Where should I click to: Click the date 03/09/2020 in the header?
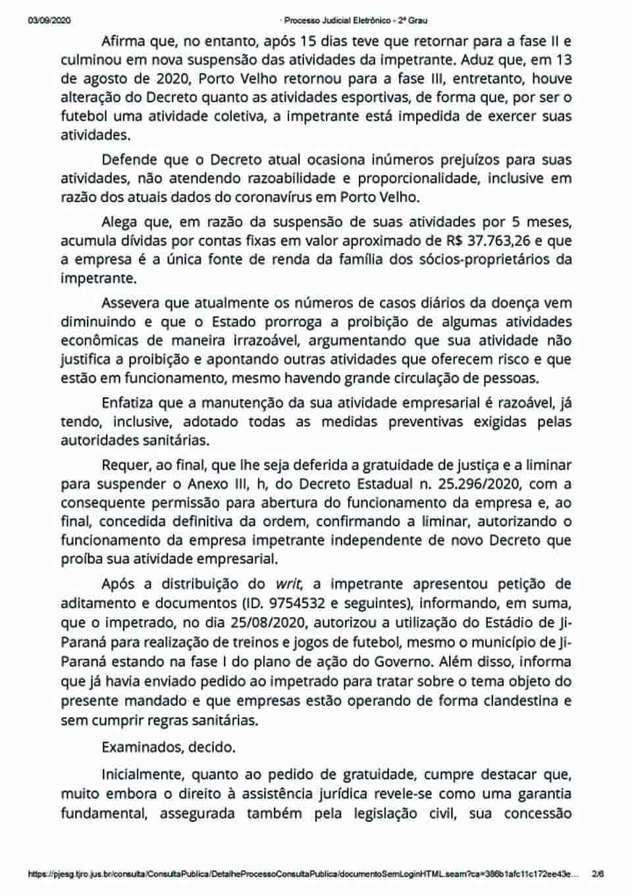tap(49, 20)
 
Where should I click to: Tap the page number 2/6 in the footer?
tap(598, 874)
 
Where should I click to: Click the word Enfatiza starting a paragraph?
tap(130, 403)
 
